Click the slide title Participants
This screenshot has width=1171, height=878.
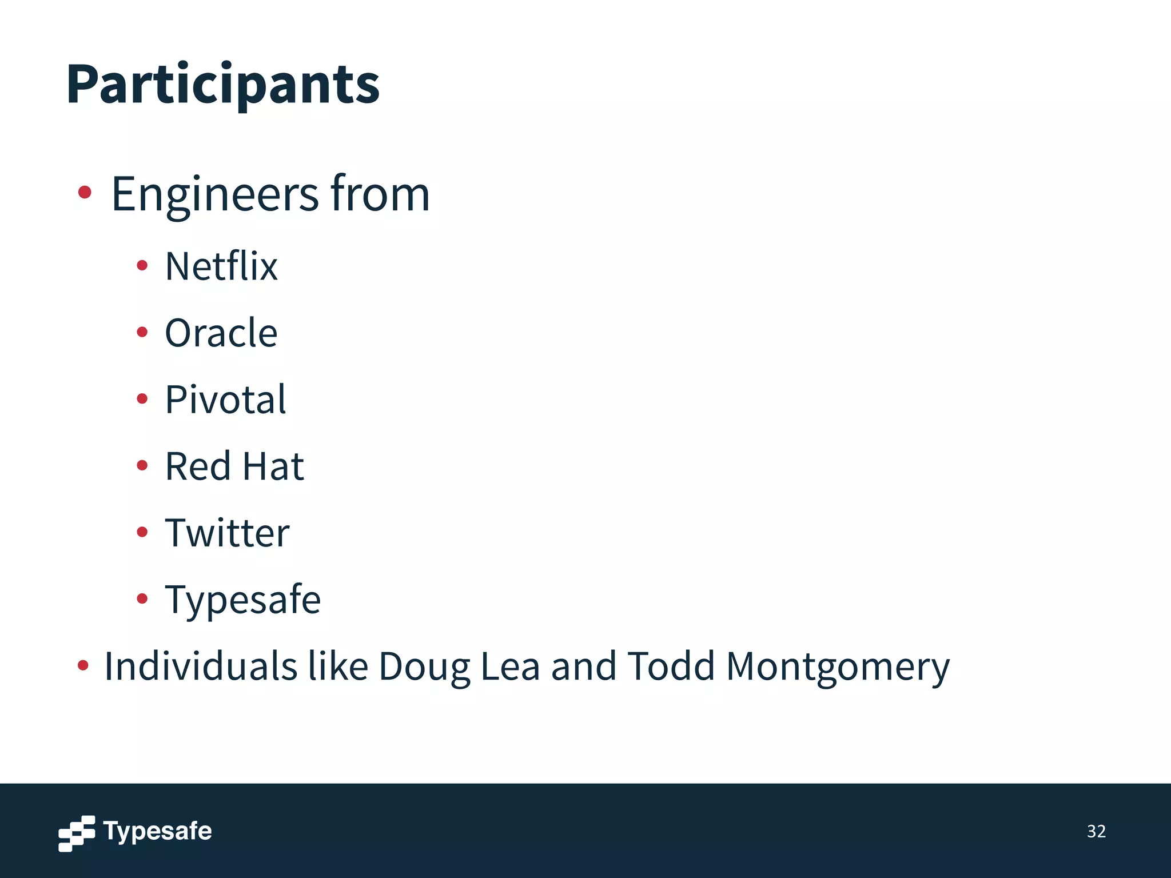coord(222,84)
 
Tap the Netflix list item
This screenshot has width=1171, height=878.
coord(221,266)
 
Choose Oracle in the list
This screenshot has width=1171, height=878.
coord(221,333)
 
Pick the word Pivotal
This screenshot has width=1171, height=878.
coord(225,400)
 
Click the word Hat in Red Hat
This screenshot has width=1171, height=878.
coord(273,466)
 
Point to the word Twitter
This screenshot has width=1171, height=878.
coord(227,533)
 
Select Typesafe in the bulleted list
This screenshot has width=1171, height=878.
coord(242,600)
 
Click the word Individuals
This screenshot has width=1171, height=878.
coord(201,667)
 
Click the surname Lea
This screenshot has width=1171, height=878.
coord(510,667)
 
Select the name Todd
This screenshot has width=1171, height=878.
coord(671,667)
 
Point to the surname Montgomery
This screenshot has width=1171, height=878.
coord(838,668)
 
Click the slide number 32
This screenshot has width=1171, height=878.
coord(1096,831)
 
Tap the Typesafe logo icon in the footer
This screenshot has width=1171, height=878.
coord(77,833)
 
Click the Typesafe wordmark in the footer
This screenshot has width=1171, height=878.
coord(157,831)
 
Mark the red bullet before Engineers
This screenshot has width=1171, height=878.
coord(85,192)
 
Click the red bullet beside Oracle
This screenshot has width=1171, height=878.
coord(142,332)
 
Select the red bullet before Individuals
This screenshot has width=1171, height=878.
coord(83,665)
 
